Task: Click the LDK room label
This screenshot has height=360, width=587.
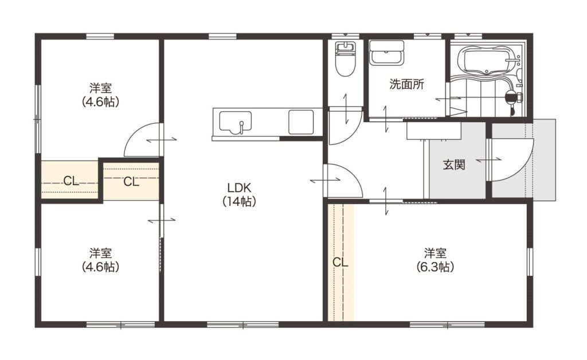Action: pos(240,187)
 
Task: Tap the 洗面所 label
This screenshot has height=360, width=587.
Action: pos(406,84)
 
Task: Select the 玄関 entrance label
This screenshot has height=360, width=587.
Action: pos(454,165)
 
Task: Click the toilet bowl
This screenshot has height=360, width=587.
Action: pos(345,65)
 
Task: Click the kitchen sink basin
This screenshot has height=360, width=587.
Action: pos(235,122)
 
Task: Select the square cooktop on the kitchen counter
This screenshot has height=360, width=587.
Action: pos(300,122)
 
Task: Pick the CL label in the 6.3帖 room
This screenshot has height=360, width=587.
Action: pos(341,263)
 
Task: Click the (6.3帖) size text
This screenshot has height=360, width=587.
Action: pos(435,267)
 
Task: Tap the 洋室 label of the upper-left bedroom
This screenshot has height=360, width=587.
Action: pos(100,88)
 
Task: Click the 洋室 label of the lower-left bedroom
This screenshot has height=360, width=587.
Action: pos(100,253)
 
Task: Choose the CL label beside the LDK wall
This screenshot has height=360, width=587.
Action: pos(131,182)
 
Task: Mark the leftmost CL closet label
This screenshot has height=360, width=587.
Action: pos(71,181)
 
